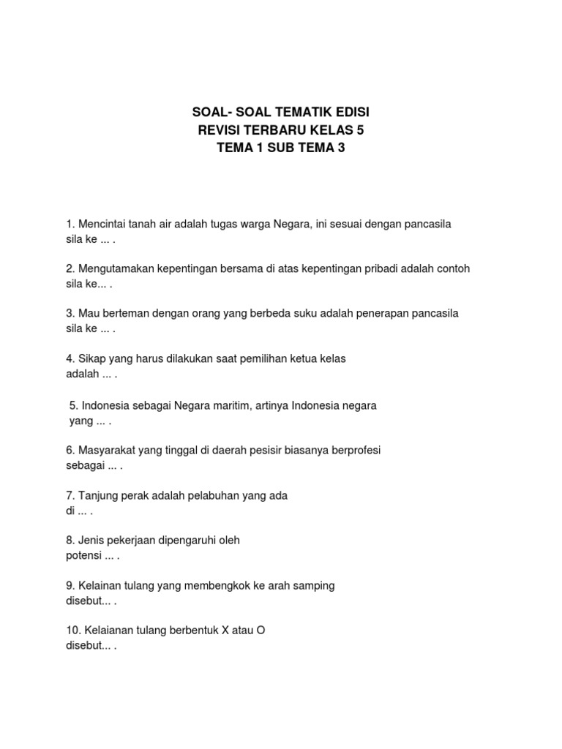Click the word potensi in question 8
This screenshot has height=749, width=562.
coord(83,555)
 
